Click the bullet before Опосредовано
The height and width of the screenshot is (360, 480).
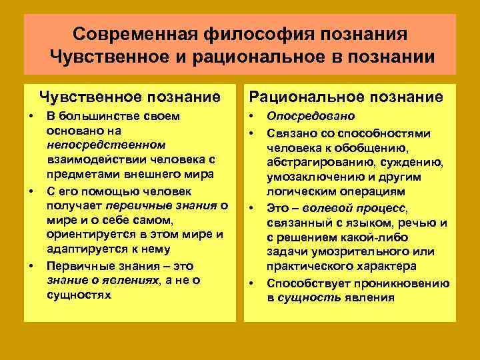pyautogui.click(x=253, y=115)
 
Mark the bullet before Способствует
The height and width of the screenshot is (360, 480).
pyautogui.click(x=253, y=283)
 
